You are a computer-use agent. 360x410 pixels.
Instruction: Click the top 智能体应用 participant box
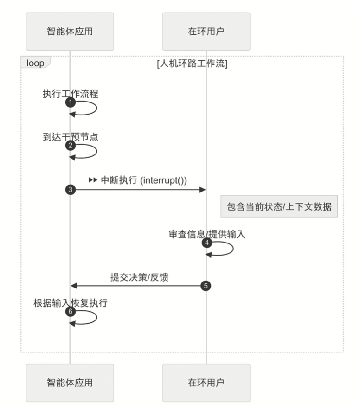pyautogui.click(x=70, y=31)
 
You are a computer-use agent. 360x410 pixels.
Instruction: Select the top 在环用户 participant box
pyautogui.click(x=206, y=31)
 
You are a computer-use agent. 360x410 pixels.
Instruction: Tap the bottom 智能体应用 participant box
pyautogui.click(x=70, y=382)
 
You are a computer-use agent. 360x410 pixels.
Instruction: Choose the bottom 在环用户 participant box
pyautogui.click(x=206, y=382)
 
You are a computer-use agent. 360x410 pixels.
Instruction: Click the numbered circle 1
pyautogui.click(x=70, y=102)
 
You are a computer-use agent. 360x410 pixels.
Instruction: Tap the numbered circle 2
pyautogui.click(x=70, y=146)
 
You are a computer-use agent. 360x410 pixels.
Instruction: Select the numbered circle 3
pyautogui.click(x=70, y=189)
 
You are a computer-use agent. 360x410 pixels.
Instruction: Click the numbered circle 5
pyautogui.click(x=206, y=286)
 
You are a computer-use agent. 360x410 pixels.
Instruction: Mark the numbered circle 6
pyautogui.click(x=70, y=312)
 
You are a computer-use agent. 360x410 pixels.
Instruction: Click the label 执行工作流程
pyautogui.click(x=71, y=93)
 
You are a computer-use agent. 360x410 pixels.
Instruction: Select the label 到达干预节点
pyautogui.click(x=71, y=137)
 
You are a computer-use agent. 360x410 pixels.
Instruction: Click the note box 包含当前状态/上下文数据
pyautogui.click(x=279, y=207)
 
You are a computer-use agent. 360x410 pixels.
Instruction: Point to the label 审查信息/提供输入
pyautogui.click(x=207, y=234)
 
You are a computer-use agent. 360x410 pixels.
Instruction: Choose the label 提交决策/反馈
pyautogui.click(x=139, y=277)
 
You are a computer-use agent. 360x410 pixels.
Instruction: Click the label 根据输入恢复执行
pyautogui.click(x=71, y=303)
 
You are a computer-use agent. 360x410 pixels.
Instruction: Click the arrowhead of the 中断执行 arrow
pyautogui.click(x=202, y=189)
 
